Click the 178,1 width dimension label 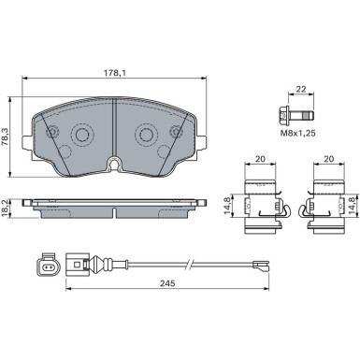coord(115,73)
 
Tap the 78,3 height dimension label coord(5,137)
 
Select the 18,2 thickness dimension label coord(4,209)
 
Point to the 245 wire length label coord(167,283)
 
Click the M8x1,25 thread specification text coord(298,133)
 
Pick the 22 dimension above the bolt coord(301,89)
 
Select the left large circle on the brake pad coord(82,135)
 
